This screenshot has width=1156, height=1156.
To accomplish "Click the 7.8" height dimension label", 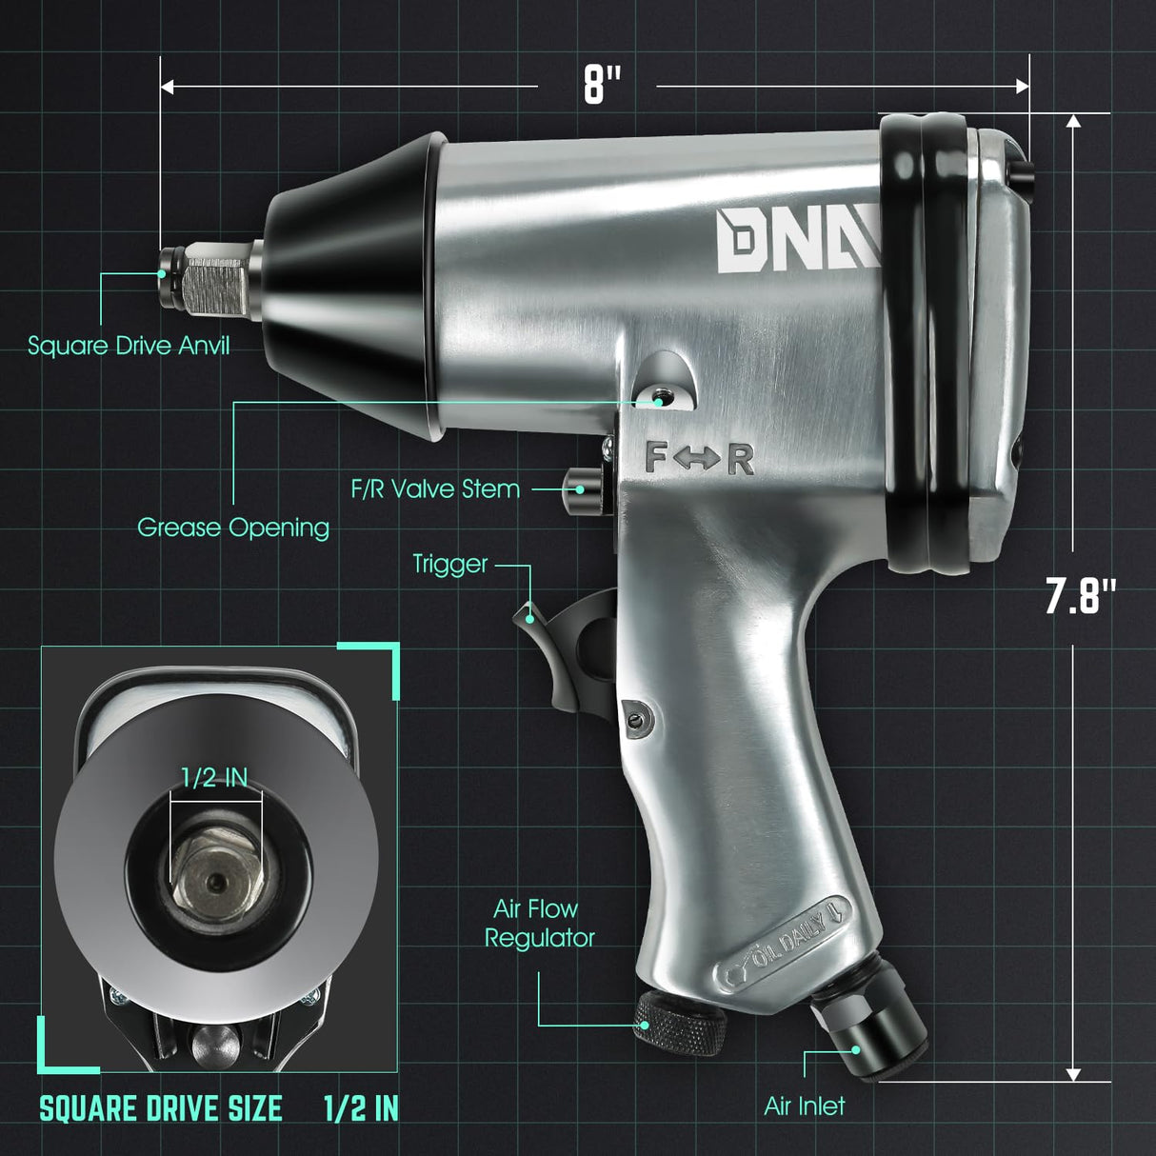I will pyautogui.click(x=1080, y=597).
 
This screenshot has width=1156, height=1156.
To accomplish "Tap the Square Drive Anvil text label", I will pyautogui.click(x=129, y=345).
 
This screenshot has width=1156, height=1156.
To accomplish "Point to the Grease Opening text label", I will pyautogui.click(x=233, y=527).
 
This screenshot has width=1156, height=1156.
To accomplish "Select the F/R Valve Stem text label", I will pyautogui.click(x=435, y=489).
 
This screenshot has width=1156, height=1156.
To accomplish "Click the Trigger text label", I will pyautogui.click(x=449, y=564).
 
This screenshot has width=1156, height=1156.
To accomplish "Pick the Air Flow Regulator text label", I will pyautogui.click(x=539, y=923).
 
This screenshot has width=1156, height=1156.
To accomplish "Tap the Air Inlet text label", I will pyautogui.click(x=804, y=1106).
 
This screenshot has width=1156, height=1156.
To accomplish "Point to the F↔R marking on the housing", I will pyautogui.click(x=699, y=459).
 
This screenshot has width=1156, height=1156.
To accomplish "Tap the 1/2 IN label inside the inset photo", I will pyautogui.click(x=214, y=778).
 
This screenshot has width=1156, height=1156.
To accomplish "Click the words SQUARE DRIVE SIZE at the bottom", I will pyautogui.click(x=161, y=1108).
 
